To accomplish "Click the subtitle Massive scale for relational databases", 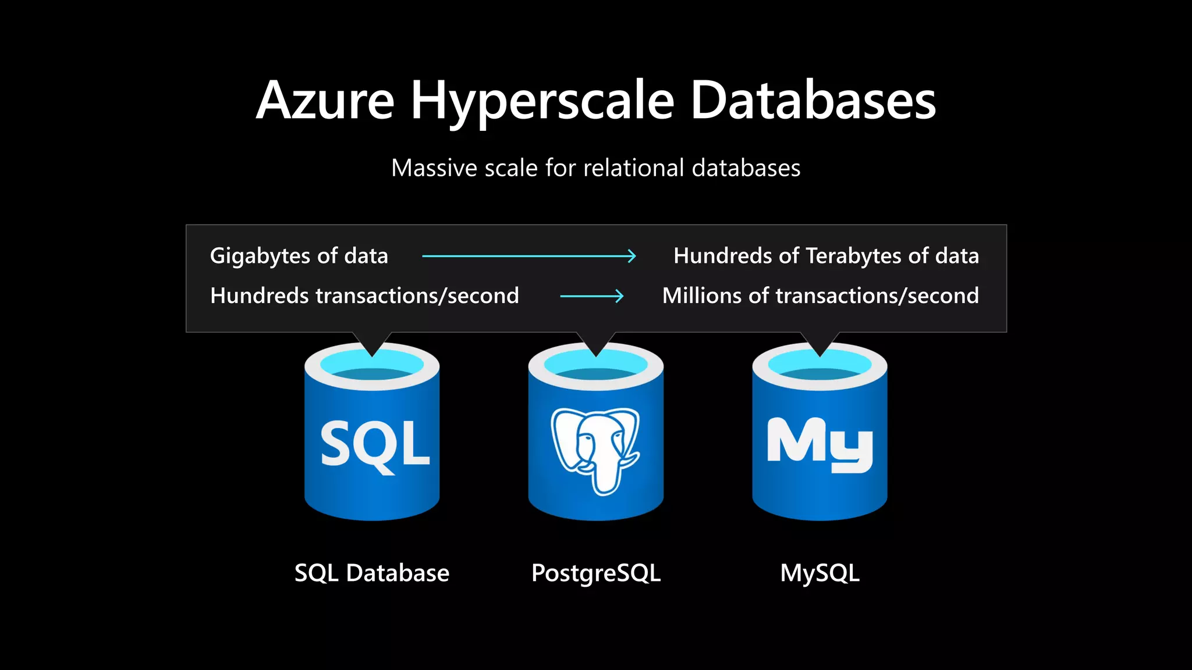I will (595, 168).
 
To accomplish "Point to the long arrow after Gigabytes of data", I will (528, 256).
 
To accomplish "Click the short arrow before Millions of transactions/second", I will (591, 297).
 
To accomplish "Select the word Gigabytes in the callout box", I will (260, 256).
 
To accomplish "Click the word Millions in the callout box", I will (702, 295).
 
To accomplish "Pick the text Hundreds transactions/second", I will (364, 296).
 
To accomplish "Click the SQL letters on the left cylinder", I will (375, 445).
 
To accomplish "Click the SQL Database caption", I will (372, 573).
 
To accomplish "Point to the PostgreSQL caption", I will (596, 573).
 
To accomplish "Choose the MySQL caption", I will (819, 573).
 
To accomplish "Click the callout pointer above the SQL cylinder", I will (372, 343).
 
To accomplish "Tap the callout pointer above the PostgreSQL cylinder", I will (596, 343).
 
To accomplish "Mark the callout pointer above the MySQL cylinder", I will (820, 343).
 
